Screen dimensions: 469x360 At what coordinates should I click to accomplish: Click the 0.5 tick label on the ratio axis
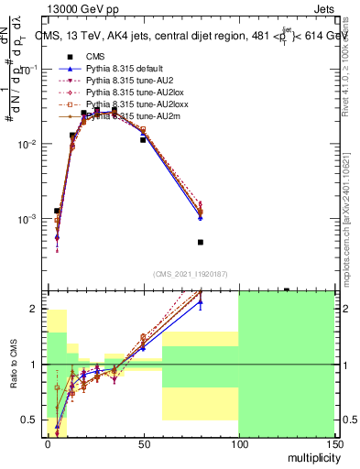(x=32, y=420)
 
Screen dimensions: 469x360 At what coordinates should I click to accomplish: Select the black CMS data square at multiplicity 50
(x=143, y=140)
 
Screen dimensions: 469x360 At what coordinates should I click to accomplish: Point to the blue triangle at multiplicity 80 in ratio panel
(x=200, y=301)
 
